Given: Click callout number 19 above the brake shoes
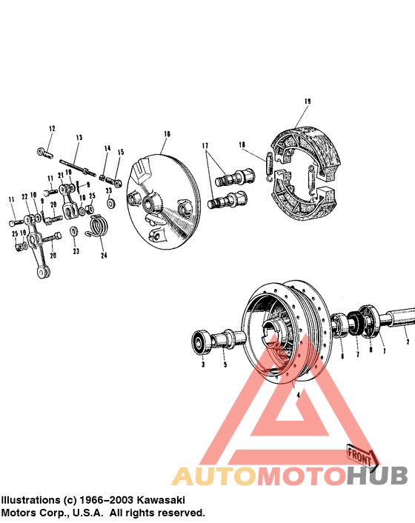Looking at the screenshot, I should pyautogui.click(x=307, y=101).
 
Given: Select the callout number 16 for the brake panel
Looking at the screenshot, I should pyautogui.click(x=167, y=134).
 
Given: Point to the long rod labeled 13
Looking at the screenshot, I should pyautogui.click(x=78, y=164).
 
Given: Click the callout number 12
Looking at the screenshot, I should pyautogui.click(x=52, y=129).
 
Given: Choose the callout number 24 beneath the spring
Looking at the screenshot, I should pyautogui.click(x=104, y=256).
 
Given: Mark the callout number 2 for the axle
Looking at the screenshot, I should pyautogui.click(x=407, y=343).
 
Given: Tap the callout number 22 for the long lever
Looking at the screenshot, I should pyautogui.click(x=24, y=196).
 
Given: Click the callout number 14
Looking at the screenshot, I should pyautogui.click(x=107, y=148).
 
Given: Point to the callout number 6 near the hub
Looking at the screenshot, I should pyautogui.click(x=342, y=356).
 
